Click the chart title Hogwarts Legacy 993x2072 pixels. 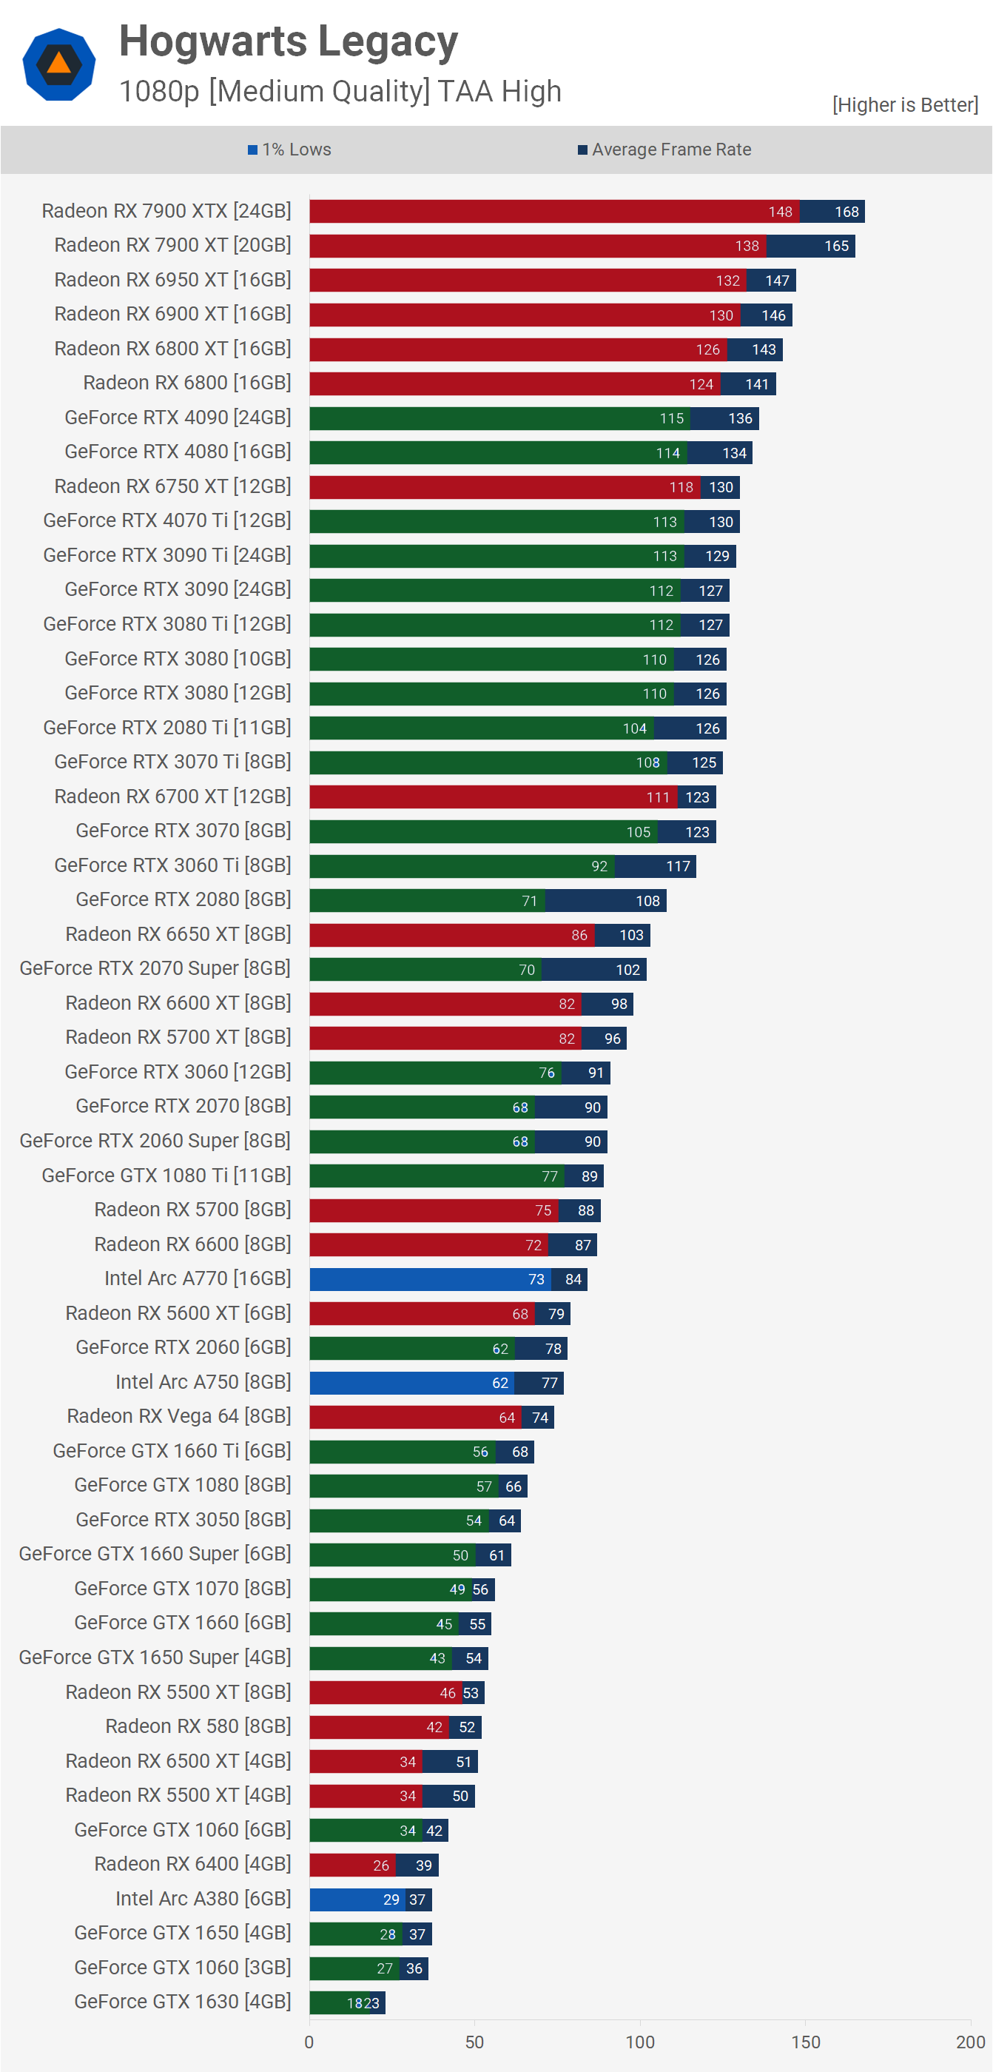pyautogui.click(x=288, y=42)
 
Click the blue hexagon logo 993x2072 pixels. pyautogui.click(x=58, y=64)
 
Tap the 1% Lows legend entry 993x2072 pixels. pyautogui.click(x=289, y=150)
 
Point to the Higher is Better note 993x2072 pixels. pyautogui.click(x=904, y=104)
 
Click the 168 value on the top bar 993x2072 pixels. pyautogui.click(x=846, y=212)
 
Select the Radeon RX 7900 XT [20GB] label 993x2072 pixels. pyautogui.click(x=172, y=245)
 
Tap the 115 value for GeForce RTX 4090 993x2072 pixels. pyautogui.click(x=671, y=418)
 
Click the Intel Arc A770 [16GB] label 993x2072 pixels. pyautogui.click(x=197, y=1278)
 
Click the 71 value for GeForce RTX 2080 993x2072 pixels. pyautogui.click(x=529, y=901)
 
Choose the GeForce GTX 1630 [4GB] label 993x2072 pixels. pyautogui.click(x=183, y=2001)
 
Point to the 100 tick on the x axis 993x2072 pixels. pyautogui.click(x=640, y=2042)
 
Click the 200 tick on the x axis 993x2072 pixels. pyautogui.click(x=969, y=2042)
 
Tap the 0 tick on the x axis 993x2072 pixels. pyautogui.click(x=309, y=2042)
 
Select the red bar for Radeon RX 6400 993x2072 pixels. pyautogui.click(x=346, y=1865)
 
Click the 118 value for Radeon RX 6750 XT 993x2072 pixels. pyautogui.click(x=681, y=487)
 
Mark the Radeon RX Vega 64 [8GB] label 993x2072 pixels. pyautogui.click(x=178, y=1415)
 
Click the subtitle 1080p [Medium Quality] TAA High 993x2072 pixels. pyautogui.click(x=340, y=92)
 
